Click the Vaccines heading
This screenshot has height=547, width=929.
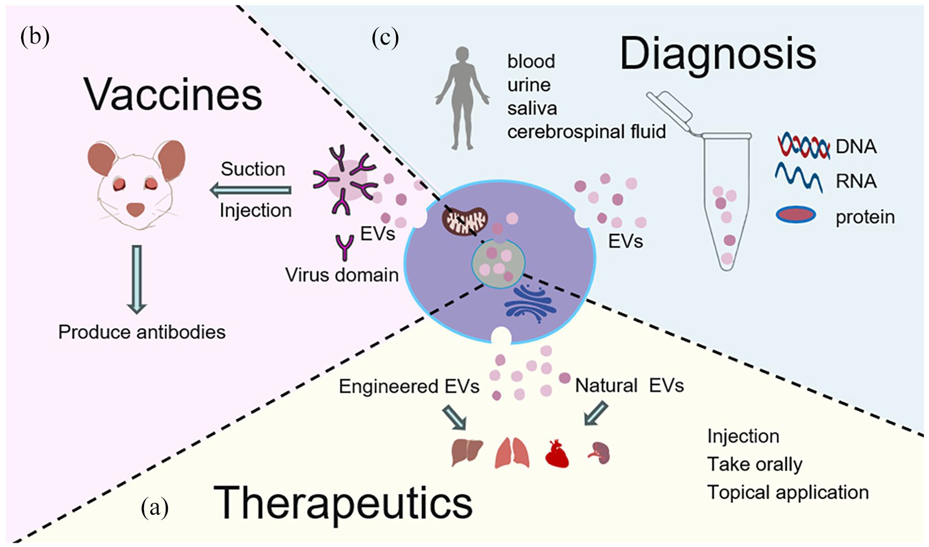click(x=173, y=95)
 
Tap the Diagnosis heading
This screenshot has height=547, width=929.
click(x=718, y=54)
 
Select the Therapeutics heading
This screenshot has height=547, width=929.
click(x=343, y=503)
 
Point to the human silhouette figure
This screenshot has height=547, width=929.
click(x=463, y=98)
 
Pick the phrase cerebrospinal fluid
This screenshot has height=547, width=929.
click(x=586, y=132)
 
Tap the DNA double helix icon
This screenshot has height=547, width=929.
click(x=803, y=147)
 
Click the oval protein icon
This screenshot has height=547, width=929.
click(x=796, y=214)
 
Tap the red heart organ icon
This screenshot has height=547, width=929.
click(x=558, y=453)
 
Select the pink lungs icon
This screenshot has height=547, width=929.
click(x=512, y=453)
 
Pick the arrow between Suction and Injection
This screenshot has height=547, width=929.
click(x=251, y=190)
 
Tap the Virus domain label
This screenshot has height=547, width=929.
click(x=342, y=275)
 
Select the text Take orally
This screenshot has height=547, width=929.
click(x=755, y=464)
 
